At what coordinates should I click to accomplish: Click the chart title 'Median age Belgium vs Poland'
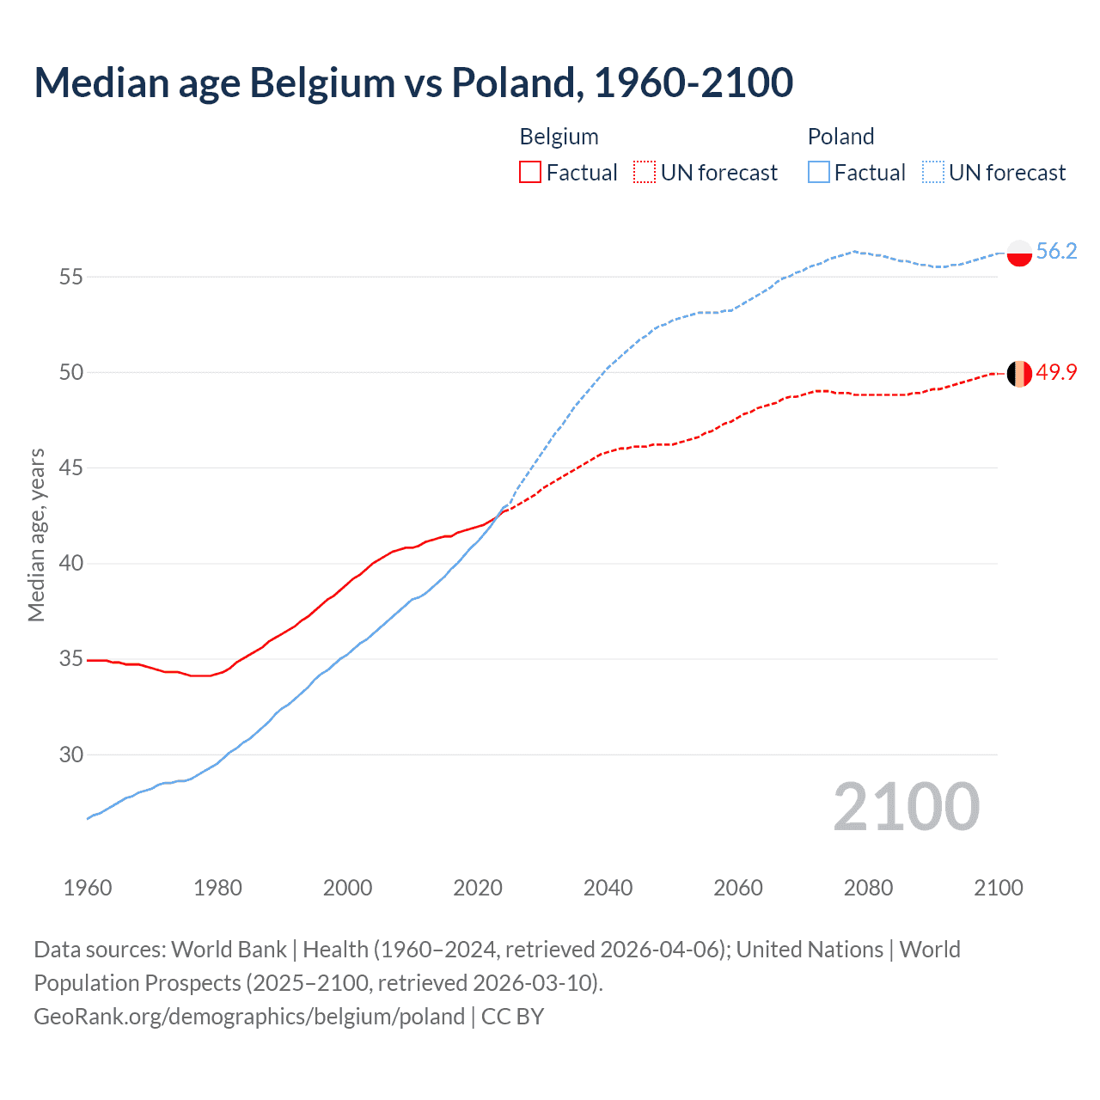412,82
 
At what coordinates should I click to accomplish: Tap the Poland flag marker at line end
1019,253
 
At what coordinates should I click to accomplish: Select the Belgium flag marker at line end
1019,374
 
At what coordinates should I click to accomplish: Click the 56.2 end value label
1056,251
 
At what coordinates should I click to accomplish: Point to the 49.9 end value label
1056,372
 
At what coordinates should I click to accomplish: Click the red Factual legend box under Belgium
530,173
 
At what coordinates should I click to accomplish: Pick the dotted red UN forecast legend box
645,173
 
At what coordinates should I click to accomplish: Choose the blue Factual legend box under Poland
819,173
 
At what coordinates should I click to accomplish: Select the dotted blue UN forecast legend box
933,173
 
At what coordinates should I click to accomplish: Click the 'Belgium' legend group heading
559,137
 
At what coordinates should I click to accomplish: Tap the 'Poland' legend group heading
840,137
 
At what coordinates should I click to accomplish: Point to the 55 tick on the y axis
71,277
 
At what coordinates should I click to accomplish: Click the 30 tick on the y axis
71,755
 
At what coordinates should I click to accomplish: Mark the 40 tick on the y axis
71,564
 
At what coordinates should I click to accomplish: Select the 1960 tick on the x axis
88,888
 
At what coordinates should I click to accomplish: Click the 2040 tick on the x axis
608,888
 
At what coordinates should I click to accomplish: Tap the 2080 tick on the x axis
868,888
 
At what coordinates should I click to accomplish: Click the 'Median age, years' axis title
36,535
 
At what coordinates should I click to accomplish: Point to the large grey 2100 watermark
906,806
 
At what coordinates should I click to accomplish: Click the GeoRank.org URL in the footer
249,1017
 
